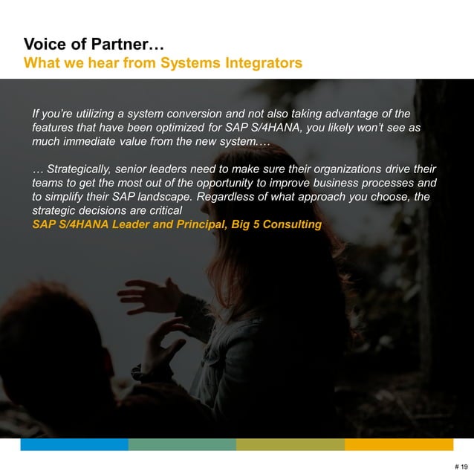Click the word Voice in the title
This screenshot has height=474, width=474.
(x=45, y=45)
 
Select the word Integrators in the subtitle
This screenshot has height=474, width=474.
(x=264, y=63)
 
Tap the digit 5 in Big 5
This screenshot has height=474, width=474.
(x=253, y=224)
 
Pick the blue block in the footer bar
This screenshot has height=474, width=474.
(x=74, y=444)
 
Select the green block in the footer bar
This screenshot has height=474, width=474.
(x=182, y=444)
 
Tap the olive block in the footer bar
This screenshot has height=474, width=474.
(x=290, y=444)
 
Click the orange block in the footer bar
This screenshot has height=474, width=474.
(x=399, y=444)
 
